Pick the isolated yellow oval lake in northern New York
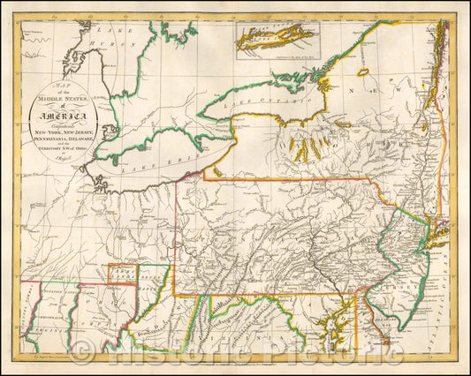click(x=361, y=70)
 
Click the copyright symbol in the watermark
click(x=84, y=354)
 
